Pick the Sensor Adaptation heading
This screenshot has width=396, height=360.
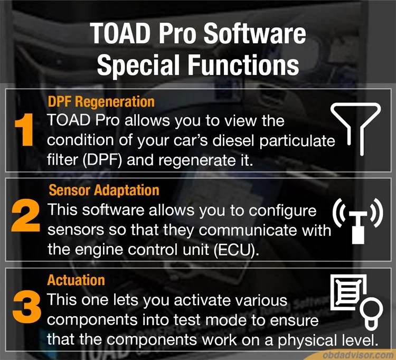click(x=103, y=190)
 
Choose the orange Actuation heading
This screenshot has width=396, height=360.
click(x=76, y=280)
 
